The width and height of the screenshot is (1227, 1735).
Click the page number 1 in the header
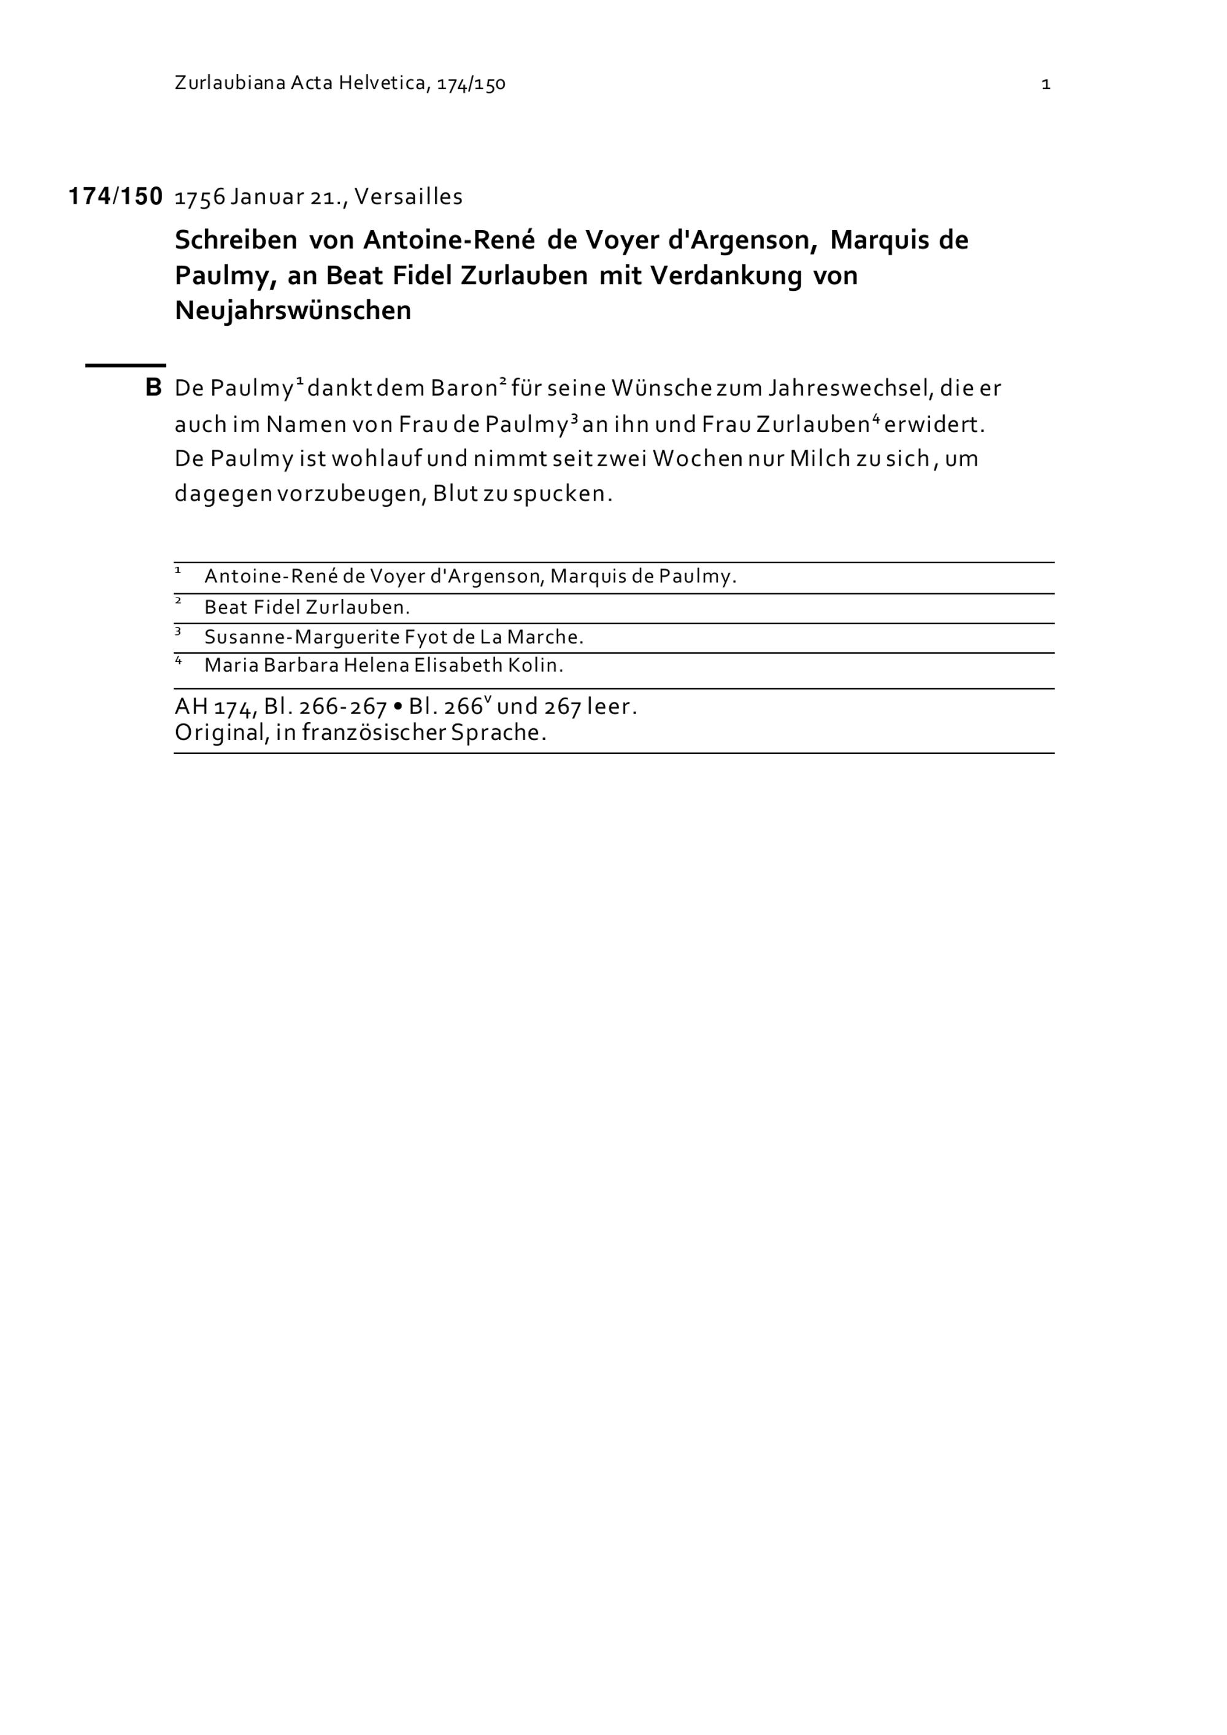coord(1045,84)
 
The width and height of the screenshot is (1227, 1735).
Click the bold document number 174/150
coord(115,196)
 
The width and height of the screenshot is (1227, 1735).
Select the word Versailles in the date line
coord(408,196)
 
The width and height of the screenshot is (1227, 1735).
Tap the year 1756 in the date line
coord(200,196)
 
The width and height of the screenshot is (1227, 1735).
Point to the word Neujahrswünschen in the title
coord(293,310)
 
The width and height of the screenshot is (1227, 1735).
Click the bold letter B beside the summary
coord(153,388)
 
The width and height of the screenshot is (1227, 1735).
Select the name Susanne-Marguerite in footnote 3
coord(301,637)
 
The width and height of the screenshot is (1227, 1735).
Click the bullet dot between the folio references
coord(398,707)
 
